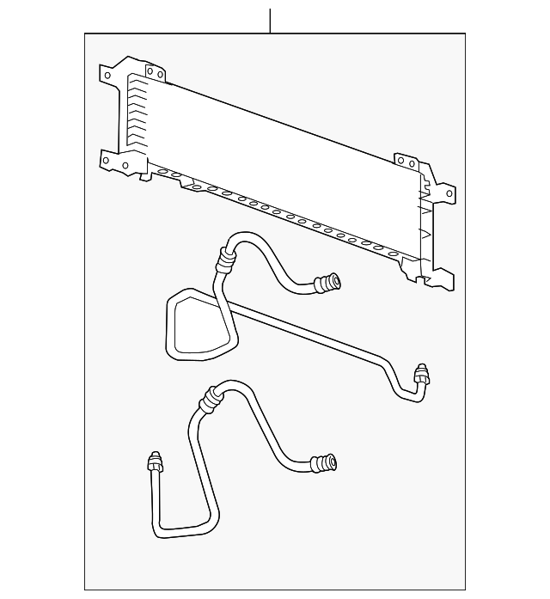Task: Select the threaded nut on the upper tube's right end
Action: [x=420, y=374]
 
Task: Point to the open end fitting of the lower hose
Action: [x=327, y=464]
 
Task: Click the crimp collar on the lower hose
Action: [x=209, y=399]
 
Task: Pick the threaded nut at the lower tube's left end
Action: [x=156, y=461]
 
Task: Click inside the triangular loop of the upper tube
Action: [x=199, y=327]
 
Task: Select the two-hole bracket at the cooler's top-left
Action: [x=154, y=73]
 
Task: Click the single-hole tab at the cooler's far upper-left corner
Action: [x=109, y=74]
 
